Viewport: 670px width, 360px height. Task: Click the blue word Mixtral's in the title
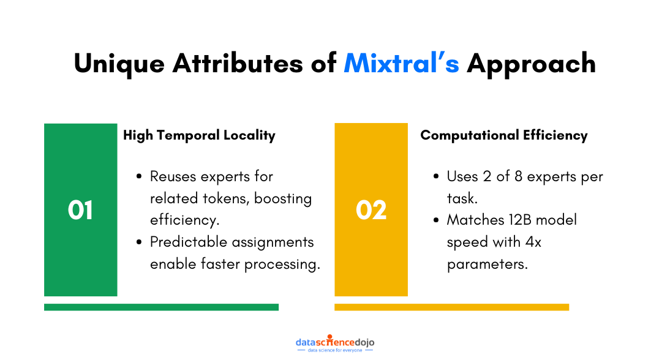tap(401, 63)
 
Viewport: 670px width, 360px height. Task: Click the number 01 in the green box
tap(80, 210)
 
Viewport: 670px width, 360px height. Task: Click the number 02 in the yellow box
tap(371, 210)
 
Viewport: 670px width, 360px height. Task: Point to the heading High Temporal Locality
tap(199, 135)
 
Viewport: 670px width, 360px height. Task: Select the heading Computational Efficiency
tap(503, 135)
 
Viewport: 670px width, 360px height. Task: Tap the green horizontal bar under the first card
tap(161, 307)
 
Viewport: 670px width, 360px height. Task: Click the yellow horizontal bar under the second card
tap(451, 307)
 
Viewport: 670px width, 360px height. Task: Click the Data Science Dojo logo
tap(335, 343)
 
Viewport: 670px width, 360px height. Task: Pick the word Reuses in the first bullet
tap(173, 177)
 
